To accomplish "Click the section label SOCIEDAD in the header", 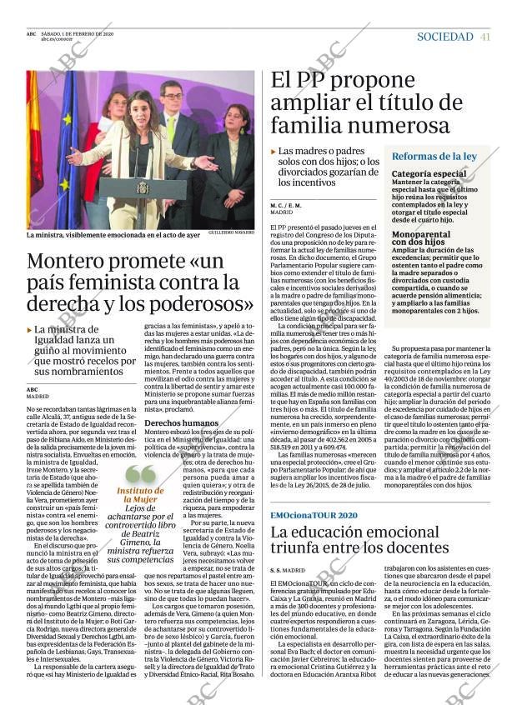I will point(444,37).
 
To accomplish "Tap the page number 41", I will point(485,37).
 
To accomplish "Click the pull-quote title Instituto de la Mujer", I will point(141,495).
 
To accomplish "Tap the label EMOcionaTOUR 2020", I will point(314,515).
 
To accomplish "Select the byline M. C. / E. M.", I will point(286,205).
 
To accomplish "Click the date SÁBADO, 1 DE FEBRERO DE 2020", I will point(78,33).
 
